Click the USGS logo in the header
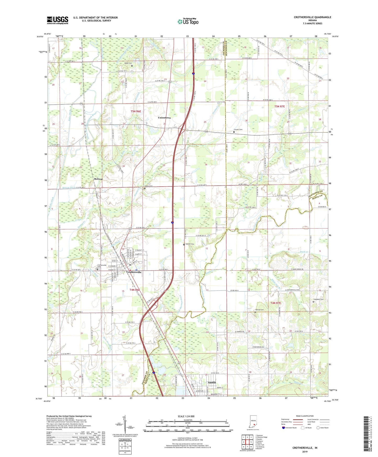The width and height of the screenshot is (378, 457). (58, 20)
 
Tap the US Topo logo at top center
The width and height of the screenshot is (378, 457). (188, 21)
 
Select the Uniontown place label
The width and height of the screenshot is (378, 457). (164, 118)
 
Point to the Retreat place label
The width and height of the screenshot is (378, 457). (98, 179)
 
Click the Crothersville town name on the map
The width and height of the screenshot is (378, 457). (134, 272)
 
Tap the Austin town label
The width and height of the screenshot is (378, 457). (212, 382)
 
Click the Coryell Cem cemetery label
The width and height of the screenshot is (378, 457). (238, 130)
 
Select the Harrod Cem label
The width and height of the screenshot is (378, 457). (259, 310)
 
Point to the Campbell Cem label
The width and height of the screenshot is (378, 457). (318, 299)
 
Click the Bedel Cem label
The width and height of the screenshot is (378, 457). (128, 63)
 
